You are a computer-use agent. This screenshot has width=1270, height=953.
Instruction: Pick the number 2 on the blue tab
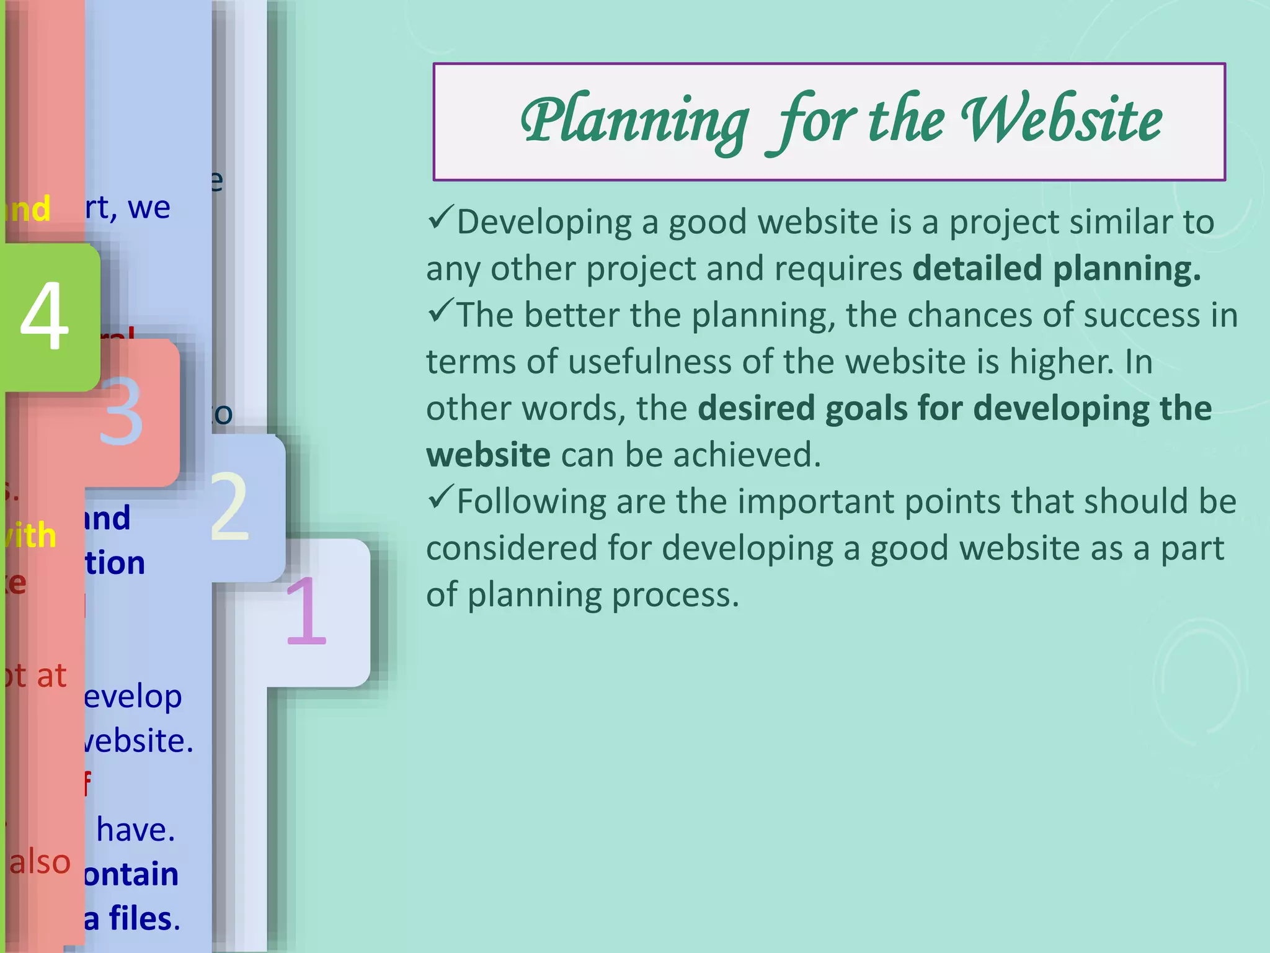click(229, 507)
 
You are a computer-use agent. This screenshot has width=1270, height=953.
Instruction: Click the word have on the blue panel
click(135, 830)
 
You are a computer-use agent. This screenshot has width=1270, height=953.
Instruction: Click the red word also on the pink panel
click(40, 862)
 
